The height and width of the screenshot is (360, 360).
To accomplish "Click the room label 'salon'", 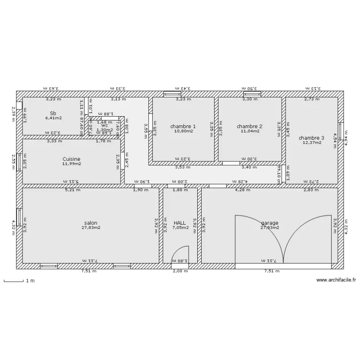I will [91, 223].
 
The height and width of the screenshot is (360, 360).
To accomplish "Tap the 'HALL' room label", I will [180, 223].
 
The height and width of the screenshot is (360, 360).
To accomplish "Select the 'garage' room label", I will [270, 223].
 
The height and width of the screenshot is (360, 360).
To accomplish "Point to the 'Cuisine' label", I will [72, 159].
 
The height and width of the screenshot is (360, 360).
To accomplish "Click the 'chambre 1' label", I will [183, 126].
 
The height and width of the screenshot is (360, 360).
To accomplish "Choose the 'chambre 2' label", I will [250, 126].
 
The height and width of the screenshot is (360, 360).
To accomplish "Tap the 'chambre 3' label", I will [312, 138].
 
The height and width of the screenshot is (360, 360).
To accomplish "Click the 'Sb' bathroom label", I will [53, 113].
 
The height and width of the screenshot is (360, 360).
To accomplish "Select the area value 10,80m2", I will [183, 131].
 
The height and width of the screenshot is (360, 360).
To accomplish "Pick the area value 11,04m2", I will [250, 131].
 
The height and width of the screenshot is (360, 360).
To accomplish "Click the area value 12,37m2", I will [312, 143].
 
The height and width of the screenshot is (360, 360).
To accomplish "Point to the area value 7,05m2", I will [180, 228].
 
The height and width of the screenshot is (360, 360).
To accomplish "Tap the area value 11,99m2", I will [72, 164].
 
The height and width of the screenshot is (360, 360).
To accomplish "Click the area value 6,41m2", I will [53, 118].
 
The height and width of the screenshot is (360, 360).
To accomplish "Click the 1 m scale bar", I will [13, 281].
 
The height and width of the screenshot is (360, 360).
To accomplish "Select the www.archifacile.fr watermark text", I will [336, 280].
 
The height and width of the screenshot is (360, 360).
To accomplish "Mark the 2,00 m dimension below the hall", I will [180, 271].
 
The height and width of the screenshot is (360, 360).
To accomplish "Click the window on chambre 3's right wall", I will [340, 131].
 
